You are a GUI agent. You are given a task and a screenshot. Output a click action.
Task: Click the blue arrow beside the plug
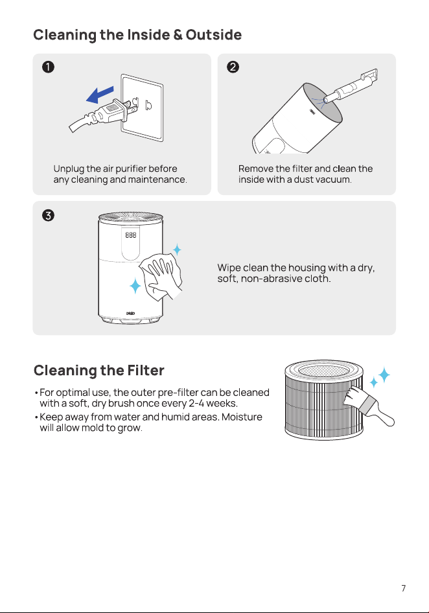100,95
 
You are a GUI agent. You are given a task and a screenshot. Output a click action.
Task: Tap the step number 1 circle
48,67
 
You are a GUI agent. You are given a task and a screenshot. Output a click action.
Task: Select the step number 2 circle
233,67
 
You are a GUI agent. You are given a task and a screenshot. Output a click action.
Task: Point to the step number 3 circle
48,215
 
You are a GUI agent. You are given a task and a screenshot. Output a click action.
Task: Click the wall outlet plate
142,108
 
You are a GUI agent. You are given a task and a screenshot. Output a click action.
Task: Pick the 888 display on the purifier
131,235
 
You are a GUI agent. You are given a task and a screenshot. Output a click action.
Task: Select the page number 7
404,588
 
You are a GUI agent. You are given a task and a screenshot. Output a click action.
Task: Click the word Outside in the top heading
213,35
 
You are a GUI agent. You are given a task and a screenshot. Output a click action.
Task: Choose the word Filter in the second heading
145,370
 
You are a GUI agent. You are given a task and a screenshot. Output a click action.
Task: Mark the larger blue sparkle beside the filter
384,375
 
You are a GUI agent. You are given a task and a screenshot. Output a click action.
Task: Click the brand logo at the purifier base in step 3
131,314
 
